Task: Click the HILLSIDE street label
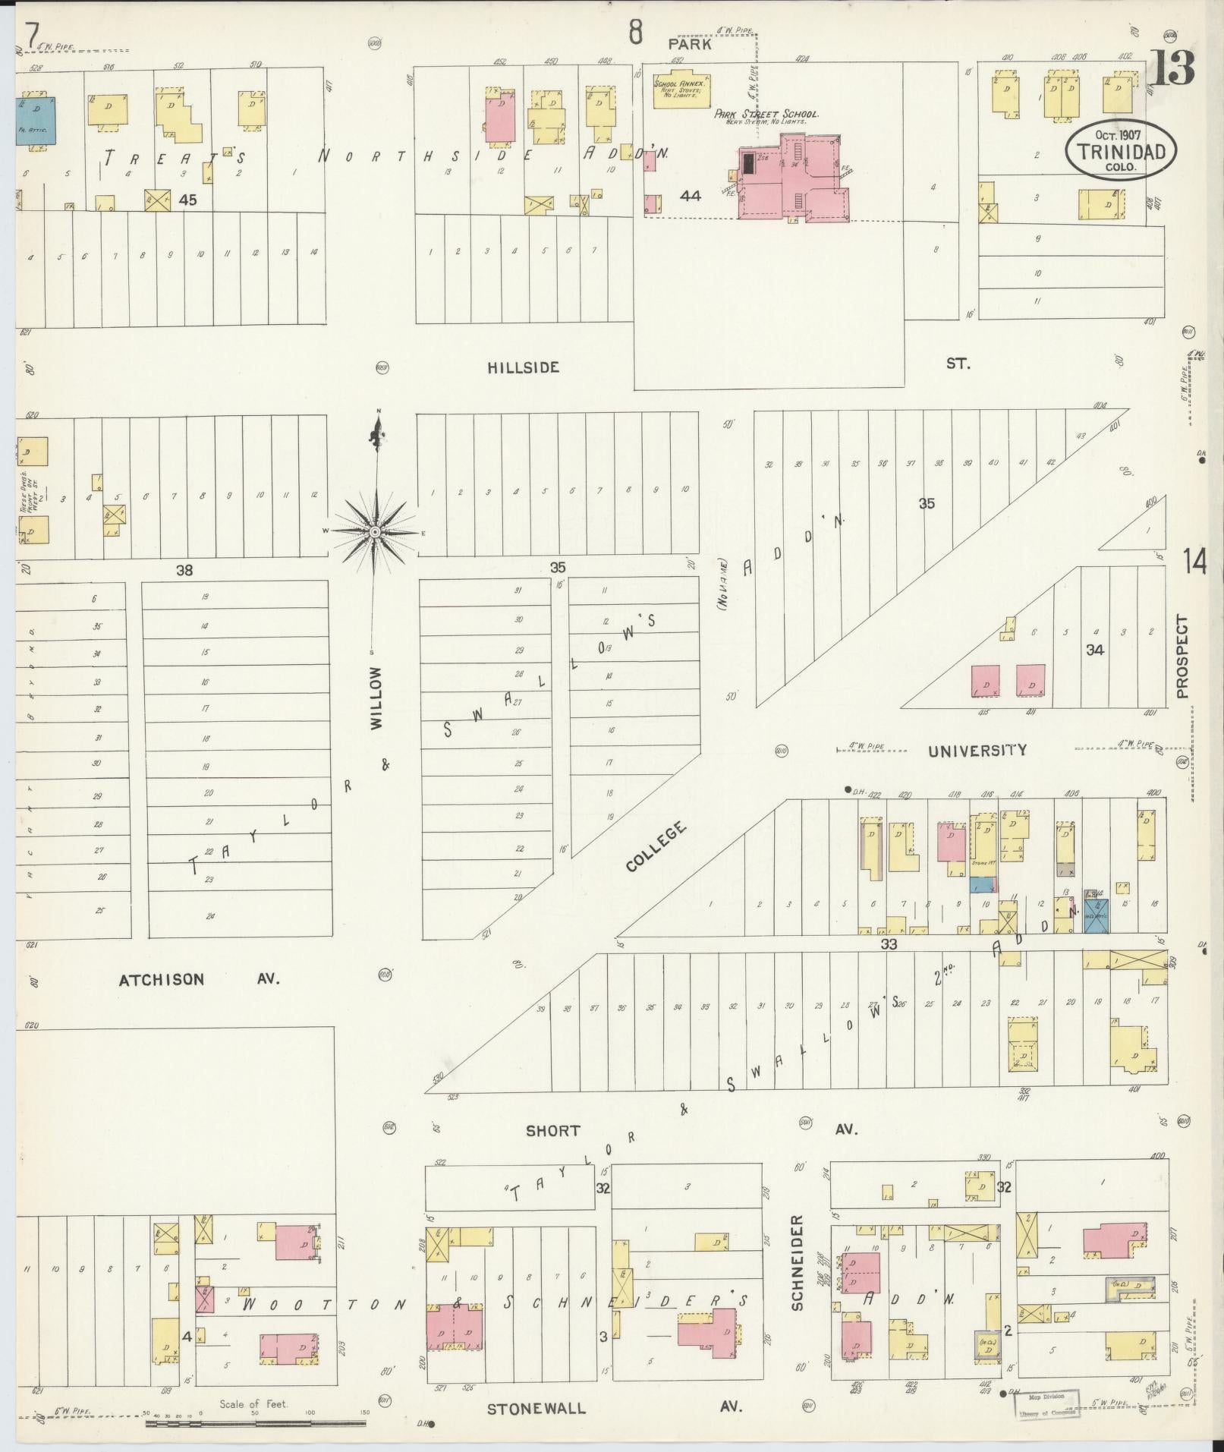pos(523,367)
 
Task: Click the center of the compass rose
pos(375,533)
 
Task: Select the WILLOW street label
pos(377,698)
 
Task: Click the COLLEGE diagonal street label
pos(658,846)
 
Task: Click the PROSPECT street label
pos(1182,656)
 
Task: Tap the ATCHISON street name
pos(162,979)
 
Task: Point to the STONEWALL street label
pos(536,1409)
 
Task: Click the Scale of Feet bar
pos(255,1419)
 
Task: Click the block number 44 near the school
pos(690,196)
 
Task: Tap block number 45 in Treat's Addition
pos(187,200)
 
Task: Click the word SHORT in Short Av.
pos(553,1131)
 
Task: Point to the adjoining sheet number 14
pos(1194,562)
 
